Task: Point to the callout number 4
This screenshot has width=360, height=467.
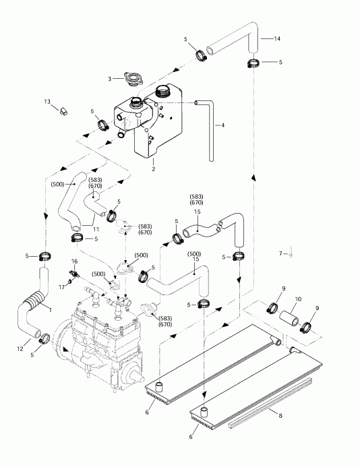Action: pyautogui.click(x=223, y=125)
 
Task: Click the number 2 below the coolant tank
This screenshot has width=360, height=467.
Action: pyautogui.click(x=153, y=169)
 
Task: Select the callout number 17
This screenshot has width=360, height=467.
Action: pyautogui.click(x=61, y=286)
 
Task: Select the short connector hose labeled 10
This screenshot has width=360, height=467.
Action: pyautogui.click(x=291, y=315)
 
